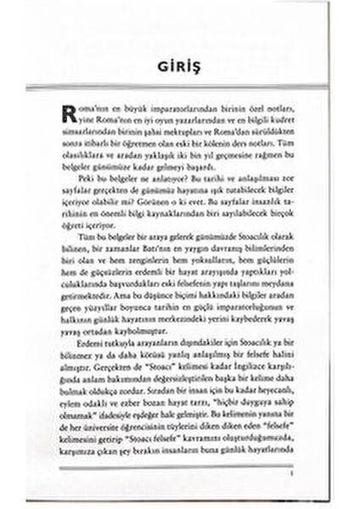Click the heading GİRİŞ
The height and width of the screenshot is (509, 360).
point(178,67)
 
